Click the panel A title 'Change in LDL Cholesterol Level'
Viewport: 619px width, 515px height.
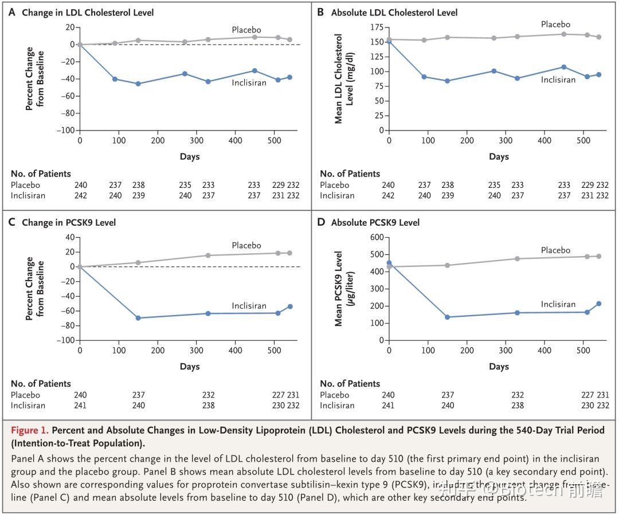(88, 13)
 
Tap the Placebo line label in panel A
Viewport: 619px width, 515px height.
(246, 30)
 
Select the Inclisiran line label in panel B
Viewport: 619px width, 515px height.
(558, 80)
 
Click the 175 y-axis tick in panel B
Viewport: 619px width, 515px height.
(376, 27)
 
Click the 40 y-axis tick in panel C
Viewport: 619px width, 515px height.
(69, 237)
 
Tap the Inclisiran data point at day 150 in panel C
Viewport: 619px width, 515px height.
(138, 318)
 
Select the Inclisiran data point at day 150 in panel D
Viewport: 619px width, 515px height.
(447, 317)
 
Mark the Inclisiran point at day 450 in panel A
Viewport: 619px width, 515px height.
(254, 70)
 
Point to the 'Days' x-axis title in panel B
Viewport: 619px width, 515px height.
(499, 156)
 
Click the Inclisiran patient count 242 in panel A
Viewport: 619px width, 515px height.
(81, 195)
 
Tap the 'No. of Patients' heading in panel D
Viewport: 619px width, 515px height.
(350, 383)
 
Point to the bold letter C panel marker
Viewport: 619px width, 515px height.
(12, 222)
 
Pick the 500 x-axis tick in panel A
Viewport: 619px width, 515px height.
(274, 140)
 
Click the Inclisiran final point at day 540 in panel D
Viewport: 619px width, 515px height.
(598, 304)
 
